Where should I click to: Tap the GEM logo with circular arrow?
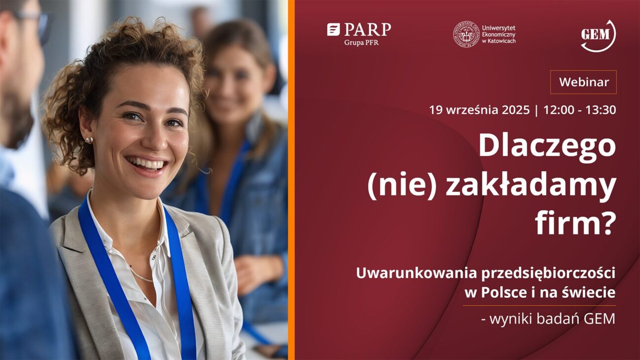599,36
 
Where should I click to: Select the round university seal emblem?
465,34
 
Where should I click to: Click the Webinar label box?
583,82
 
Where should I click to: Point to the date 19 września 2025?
480,110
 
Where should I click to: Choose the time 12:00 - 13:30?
579,110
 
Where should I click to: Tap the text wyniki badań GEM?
552,319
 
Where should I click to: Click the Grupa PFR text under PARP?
361,43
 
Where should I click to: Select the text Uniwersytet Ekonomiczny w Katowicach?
499,34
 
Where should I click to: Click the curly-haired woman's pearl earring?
89,140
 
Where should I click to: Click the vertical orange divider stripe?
291,180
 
